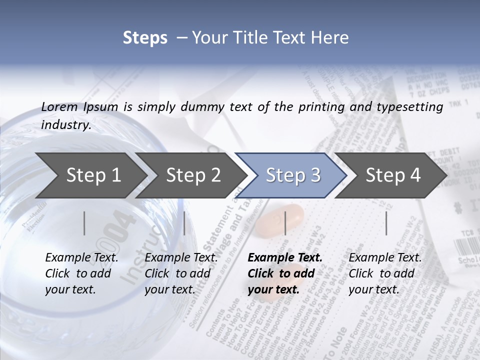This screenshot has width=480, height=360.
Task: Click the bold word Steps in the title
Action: coord(145,38)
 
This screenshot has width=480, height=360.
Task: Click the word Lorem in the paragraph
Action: coord(59,106)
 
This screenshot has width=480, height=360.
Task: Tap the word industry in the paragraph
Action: coord(66,125)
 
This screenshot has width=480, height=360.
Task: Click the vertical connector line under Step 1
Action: coord(84,223)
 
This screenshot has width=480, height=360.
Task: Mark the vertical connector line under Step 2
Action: coord(184,223)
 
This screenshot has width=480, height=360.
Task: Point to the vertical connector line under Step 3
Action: coord(285,223)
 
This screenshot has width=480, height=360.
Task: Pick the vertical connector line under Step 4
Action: coord(386,223)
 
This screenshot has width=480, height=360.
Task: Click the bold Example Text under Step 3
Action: coord(285,258)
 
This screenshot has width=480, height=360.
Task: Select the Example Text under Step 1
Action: coord(82,258)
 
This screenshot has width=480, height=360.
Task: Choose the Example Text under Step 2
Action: coord(181,258)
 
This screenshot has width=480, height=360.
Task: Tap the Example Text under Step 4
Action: coord(385,258)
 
